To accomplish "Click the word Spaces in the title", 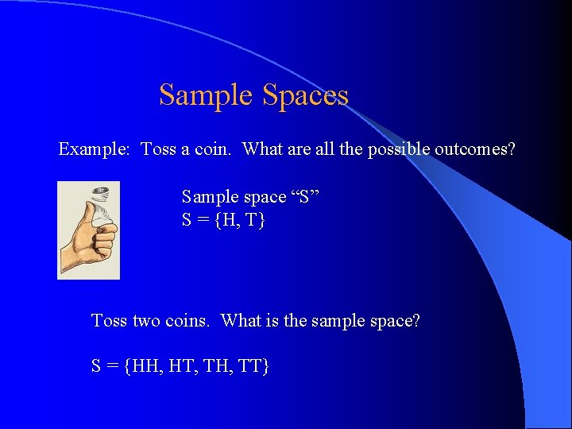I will click(305, 95).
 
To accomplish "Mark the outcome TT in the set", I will click(251, 366).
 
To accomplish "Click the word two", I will click(146, 321).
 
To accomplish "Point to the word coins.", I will click(188, 321).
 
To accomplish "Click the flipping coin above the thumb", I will click(101, 193).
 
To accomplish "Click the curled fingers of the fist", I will click(105, 238).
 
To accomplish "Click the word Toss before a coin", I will click(159, 149).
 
